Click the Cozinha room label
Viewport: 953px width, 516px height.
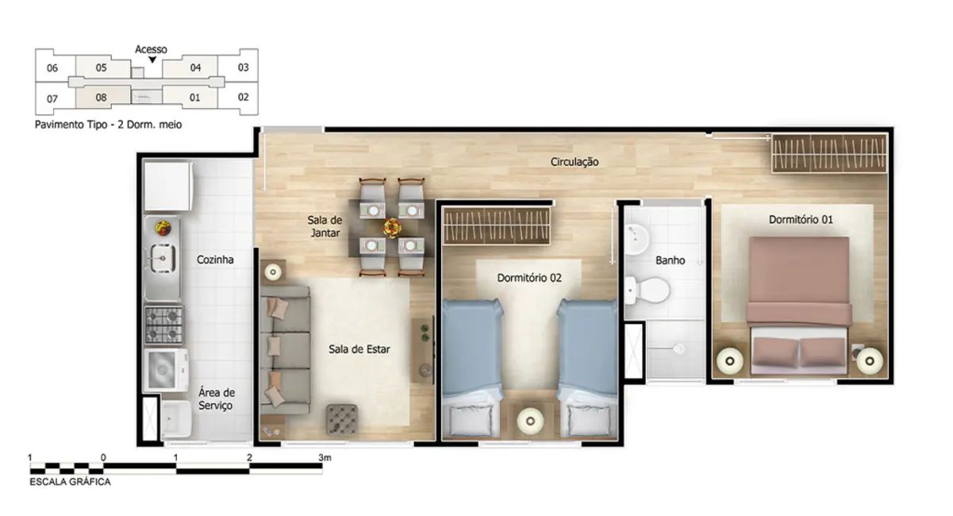click(x=215, y=260)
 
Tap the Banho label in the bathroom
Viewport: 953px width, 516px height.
click(x=670, y=260)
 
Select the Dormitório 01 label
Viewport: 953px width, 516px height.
click(x=801, y=219)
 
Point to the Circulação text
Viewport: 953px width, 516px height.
click(x=574, y=162)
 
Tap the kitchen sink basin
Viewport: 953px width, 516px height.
click(x=163, y=257)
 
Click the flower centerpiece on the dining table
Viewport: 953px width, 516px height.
click(x=391, y=227)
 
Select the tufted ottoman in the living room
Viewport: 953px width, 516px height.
click(x=343, y=418)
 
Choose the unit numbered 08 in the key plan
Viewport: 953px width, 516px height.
click(x=101, y=98)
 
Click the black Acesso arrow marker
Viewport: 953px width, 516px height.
click(x=152, y=60)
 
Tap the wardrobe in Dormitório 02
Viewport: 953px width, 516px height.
click(x=496, y=226)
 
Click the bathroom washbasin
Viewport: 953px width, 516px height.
click(x=640, y=239)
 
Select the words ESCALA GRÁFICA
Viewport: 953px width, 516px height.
click(x=70, y=482)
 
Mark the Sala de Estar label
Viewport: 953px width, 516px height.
click(x=359, y=348)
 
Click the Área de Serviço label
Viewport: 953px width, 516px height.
click(x=216, y=399)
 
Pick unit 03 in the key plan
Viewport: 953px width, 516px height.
click(x=244, y=67)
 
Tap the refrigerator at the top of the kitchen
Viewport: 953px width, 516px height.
click(x=167, y=184)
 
